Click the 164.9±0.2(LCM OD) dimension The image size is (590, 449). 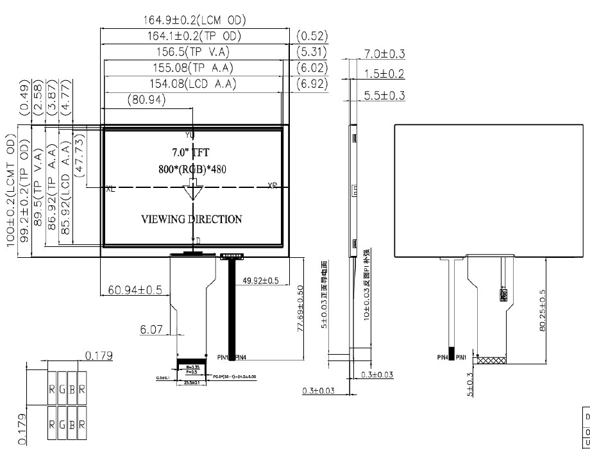(194, 21)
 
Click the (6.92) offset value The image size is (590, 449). (312, 83)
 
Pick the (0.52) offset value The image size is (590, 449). (312, 37)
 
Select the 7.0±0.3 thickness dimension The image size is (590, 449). (384, 55)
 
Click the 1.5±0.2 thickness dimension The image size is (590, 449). (384, 74)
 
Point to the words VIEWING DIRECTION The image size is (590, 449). (192, 219)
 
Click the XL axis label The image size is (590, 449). (110, 188)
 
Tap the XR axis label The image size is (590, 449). (273, 185)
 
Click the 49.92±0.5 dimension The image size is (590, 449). (260, 280)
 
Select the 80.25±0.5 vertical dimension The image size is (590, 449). (543, 310)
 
